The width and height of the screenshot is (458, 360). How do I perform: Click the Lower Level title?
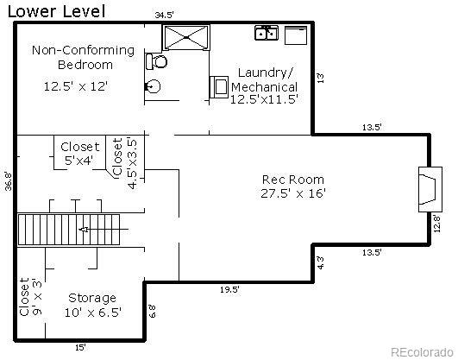[56, 11]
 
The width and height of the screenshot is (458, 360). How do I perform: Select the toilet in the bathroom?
[157, 62]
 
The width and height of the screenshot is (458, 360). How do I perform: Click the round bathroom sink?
[153, 85]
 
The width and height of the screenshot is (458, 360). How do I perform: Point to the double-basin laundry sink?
[266, 34]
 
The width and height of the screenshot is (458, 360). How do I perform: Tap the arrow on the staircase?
[84, 230]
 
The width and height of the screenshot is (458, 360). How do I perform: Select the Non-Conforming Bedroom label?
[84, 57]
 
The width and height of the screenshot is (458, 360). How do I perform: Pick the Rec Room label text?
[292, 180]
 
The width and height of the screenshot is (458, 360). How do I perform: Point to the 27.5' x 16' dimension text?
[293, 193]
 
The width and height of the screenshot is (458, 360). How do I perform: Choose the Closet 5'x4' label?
[80, 153]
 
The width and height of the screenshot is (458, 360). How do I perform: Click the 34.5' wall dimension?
[164, 15]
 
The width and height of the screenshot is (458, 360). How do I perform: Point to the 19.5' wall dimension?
[229, 290]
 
